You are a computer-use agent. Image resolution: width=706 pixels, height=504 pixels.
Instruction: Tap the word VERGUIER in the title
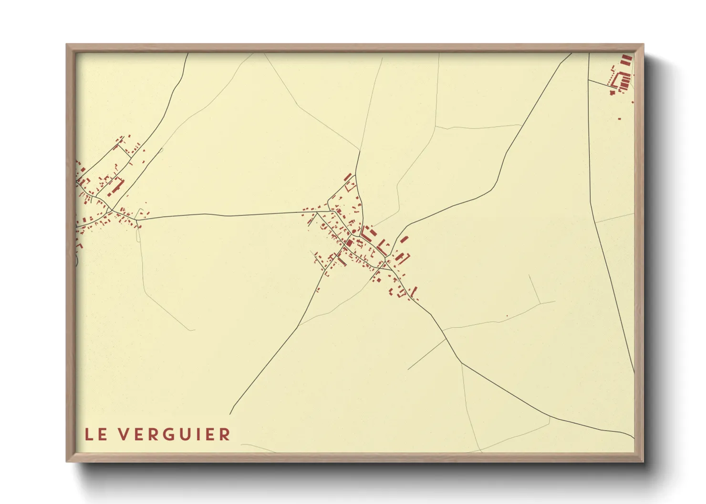(x=175, y=434)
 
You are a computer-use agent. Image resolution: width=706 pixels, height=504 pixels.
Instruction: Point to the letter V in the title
(x=124, y=434)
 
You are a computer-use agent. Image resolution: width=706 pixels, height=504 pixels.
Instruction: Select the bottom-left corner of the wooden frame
(x=67, y=461)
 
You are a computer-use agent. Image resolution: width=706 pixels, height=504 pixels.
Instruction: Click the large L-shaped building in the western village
(x=117, y=185)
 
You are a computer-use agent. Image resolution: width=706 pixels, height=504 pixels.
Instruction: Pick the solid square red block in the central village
(x=350, y=243)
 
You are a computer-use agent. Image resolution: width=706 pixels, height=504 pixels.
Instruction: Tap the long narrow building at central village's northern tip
(x=348, y=177)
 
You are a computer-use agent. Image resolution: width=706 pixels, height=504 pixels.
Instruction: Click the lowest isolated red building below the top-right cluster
(x=620, y=118)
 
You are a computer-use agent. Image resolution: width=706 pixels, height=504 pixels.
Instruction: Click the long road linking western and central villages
(x=229, y=215)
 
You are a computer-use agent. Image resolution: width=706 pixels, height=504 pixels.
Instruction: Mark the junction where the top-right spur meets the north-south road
(x=589, y=80)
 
